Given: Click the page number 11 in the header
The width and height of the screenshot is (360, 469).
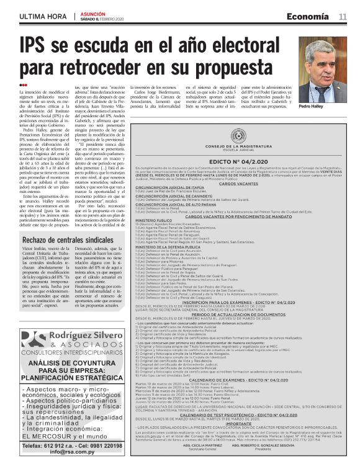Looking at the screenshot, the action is click(x=342, y=17).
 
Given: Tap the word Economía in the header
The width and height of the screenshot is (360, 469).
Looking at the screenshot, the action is click(x=308, y=17).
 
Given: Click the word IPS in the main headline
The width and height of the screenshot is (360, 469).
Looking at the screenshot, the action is click(x=37, y=47).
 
